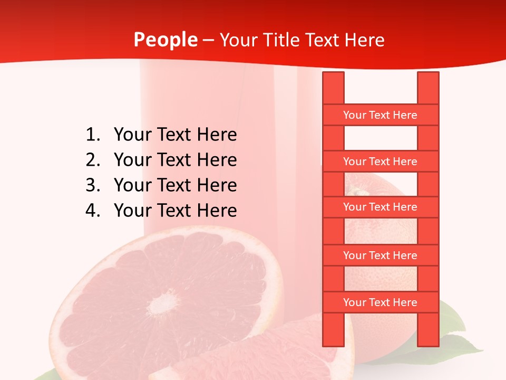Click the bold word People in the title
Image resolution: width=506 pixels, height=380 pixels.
point(165,40)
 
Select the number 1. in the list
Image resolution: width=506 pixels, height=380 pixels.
point(93,135)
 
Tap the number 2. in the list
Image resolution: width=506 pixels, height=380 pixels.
point(93,160)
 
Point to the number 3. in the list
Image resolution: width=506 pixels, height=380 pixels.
point(93,185)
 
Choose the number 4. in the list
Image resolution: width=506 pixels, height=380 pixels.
point(93,211)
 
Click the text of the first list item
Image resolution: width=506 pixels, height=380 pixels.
point(175,135)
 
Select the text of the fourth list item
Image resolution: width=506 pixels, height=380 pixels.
point(175,211)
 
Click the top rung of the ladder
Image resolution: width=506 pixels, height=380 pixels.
point(380,115)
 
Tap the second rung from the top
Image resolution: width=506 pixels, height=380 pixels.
point(380,161)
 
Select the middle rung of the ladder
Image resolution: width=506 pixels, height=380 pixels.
point(380,207)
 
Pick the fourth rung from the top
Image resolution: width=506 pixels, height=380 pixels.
point(380,255)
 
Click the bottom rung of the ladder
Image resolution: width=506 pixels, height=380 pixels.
point(380,302)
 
